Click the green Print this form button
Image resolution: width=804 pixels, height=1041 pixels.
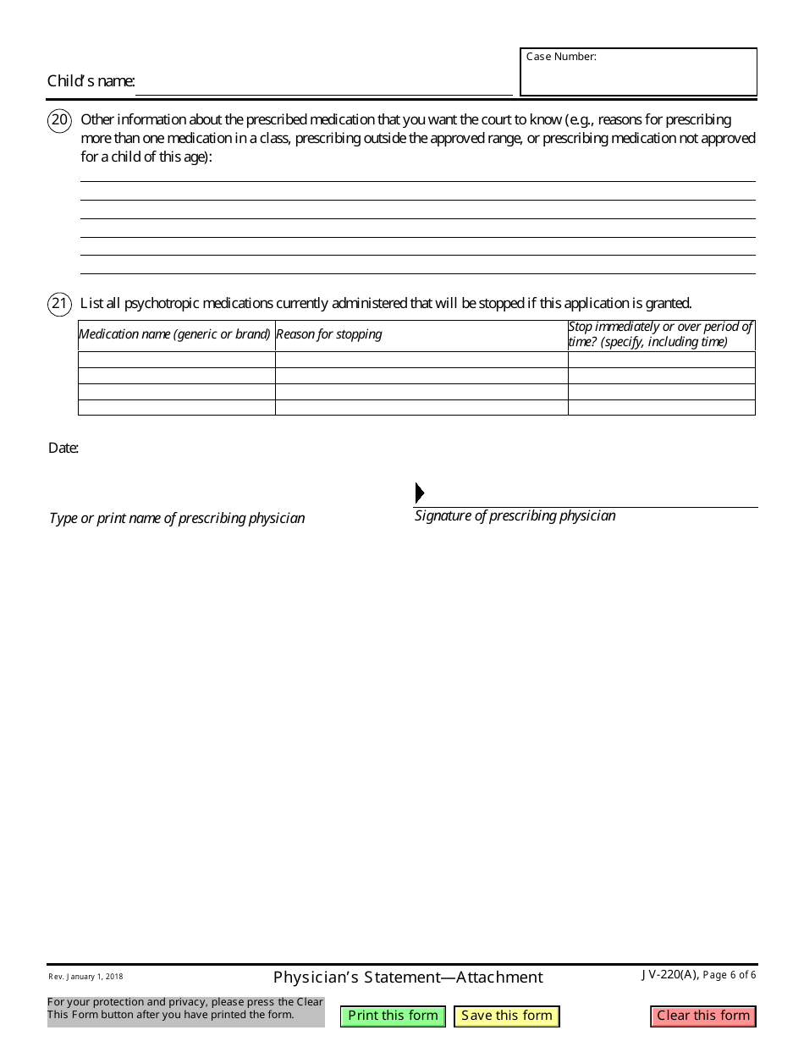393,1016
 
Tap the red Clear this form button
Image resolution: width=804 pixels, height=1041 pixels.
703,1016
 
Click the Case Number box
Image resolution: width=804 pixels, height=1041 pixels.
638,73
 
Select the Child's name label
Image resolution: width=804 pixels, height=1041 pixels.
91,81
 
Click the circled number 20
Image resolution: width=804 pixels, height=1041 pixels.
59,120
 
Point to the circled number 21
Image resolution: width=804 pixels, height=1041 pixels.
59,303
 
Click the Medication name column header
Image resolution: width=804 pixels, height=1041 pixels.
175,334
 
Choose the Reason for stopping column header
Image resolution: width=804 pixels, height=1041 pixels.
329,334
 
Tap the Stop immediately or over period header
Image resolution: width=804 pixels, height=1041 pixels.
660,334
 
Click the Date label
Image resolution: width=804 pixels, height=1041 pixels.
63,448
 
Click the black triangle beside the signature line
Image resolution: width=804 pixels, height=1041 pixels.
420,493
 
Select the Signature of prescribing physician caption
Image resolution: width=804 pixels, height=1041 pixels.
515,515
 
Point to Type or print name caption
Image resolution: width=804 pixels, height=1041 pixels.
177,518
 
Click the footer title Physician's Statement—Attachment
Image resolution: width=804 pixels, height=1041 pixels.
408,978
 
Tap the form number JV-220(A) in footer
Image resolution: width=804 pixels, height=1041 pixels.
669,975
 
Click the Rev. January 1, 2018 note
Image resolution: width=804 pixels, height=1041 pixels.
85,977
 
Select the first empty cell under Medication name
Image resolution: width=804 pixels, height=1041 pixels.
176,359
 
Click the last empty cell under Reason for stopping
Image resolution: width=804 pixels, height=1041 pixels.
421,408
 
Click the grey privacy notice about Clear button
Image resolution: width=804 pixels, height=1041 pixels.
185,1008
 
